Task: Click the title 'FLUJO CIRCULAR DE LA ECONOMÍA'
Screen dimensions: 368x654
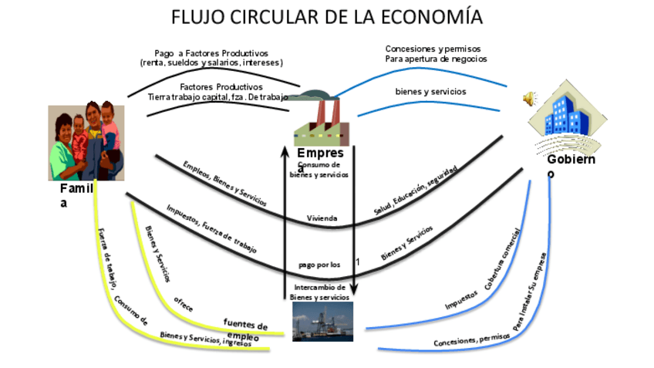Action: (327, 16)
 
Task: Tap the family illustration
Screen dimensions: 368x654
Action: (86, 142)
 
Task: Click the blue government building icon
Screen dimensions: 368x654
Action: (565, 115)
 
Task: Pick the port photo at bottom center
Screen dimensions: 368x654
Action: (322, 321)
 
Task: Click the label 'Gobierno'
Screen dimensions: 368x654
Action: (571, 165)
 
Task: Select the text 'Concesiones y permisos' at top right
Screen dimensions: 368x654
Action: (433, 49)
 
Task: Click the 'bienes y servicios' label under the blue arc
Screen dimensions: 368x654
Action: (430, 91)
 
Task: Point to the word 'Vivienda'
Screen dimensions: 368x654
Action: (322, 218)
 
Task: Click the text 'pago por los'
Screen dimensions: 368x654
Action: (319, 265)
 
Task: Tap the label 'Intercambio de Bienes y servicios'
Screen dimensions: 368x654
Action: (319, 292)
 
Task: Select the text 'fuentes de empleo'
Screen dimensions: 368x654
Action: (245, 329)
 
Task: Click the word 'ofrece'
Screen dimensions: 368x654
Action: (183, 303)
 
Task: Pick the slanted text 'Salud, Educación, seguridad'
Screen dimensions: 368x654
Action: (415, 190)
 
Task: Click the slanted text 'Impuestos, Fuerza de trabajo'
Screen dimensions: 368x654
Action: (210, 228)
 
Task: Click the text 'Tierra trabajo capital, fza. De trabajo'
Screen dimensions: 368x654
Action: (217, 96)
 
